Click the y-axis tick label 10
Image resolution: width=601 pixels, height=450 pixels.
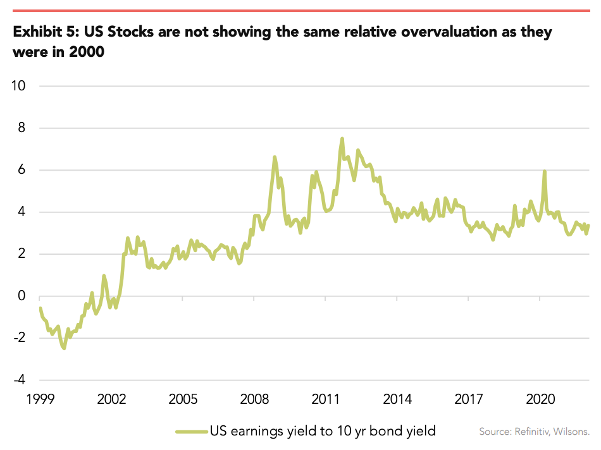click(x=20, y=86)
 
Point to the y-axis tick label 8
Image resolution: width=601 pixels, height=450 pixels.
click(x=24, y=128)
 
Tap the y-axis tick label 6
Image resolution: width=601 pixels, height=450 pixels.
click(x=24, y=170)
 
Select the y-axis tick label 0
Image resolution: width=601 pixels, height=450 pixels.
click(x=24, y=296)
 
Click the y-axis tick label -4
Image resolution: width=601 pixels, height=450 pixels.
click(x=22, y=380)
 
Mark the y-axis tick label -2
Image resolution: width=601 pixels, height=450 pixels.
click(x=22, y=338)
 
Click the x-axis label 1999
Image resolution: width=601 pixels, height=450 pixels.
click(x=40, y=399)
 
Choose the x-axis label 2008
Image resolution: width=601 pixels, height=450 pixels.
click(x=255, y=399)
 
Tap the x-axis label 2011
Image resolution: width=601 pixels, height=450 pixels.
click(x=326, y=399)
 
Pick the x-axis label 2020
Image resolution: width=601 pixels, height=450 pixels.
click(x=541, y=399)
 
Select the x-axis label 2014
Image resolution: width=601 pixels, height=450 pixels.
click(x=398, y=399)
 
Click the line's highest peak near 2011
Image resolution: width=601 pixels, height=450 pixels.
click(x=342, y=138)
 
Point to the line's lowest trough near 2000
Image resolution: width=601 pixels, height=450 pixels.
click(x=64, y=348)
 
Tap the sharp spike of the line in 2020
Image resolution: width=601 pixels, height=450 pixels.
click(x=544, y=171)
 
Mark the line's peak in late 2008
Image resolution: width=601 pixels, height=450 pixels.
click(x=275, y=157)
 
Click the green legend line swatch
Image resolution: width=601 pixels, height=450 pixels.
click(x=191, y=431)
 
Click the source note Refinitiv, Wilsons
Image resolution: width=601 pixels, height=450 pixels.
click(x=534, y=432)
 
